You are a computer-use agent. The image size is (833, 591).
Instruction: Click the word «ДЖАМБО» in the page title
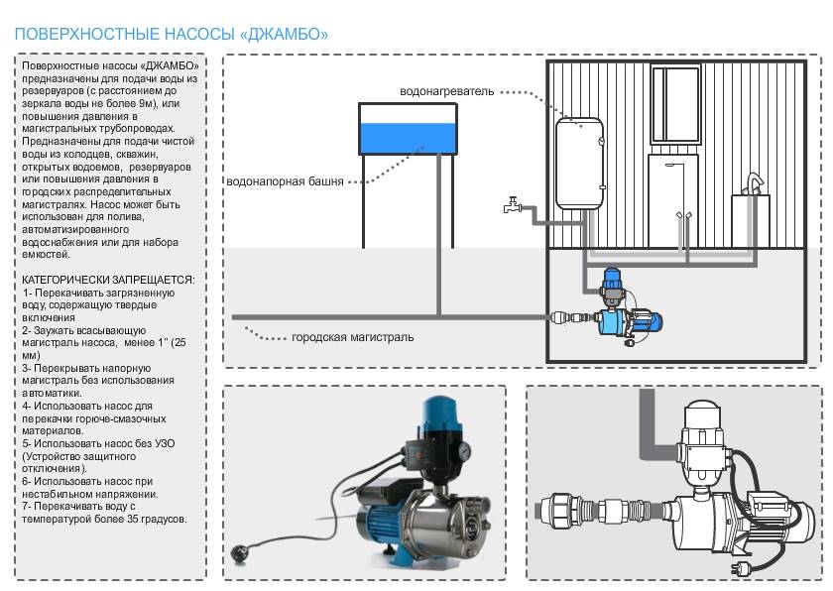point(284,35)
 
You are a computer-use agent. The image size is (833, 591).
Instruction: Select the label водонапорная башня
point(286,182)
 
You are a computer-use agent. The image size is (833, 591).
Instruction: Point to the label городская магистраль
point(353,337)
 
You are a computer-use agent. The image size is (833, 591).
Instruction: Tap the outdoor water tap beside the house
point(512,206)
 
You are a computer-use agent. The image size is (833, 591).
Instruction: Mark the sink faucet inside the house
point(755,185)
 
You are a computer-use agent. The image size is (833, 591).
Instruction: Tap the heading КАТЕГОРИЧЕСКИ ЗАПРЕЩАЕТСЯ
point(108,281)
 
